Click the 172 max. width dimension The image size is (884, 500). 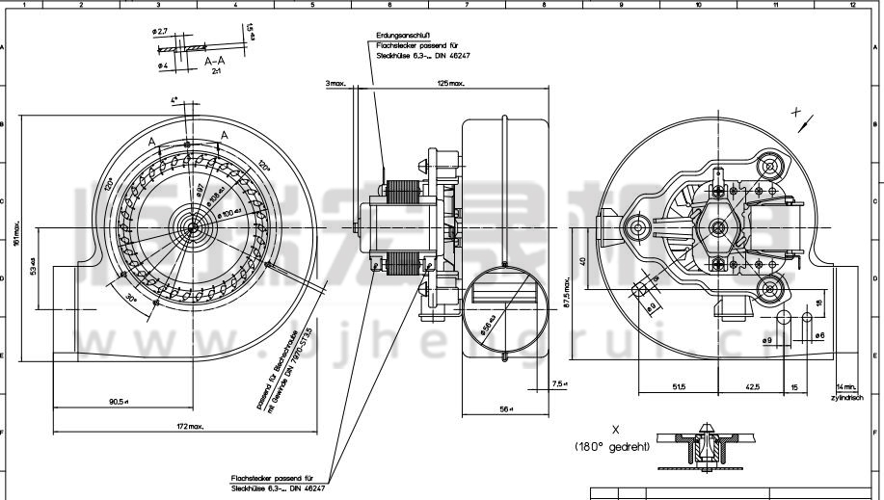point(190,426)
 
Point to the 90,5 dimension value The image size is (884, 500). point(120,402)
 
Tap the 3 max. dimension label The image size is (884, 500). point(335,84)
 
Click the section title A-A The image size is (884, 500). point(215,61)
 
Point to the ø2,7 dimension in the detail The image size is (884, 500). point(160,32)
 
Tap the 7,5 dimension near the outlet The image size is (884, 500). point(560,383)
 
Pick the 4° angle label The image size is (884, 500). point(174,100)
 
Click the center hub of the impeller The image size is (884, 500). point(192,227)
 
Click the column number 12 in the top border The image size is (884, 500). point(852,5)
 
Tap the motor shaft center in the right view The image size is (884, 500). point(717,227)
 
